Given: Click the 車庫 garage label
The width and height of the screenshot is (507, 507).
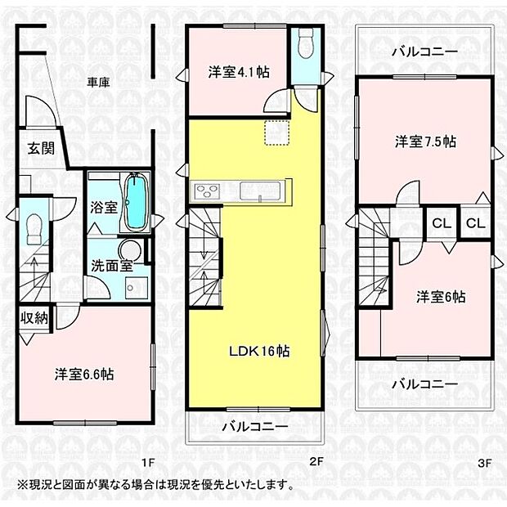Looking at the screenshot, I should click(100, 82).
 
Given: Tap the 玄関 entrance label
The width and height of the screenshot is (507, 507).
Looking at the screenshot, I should click(40, 149).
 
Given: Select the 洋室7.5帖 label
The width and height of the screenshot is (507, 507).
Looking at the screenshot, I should click(425, 141).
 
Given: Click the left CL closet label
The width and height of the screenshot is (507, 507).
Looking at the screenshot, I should click(440, 223).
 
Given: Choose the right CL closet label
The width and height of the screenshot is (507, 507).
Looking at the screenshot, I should click(474, 223).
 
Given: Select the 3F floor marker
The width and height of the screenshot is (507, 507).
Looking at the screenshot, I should click(486, 463).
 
